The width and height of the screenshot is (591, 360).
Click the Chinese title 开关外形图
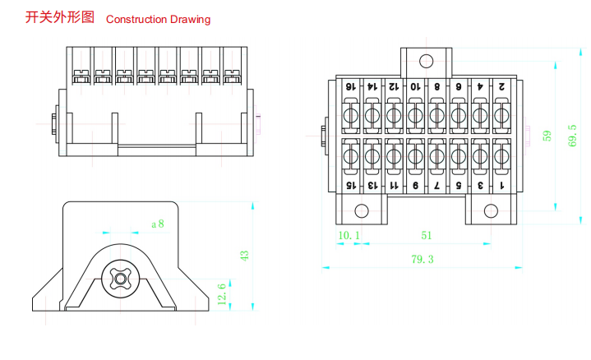pyautogui.click(x=61, y=17)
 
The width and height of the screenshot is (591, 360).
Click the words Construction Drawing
pyautogui.click(x=158, y=19)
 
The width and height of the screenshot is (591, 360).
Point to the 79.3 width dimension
pyautogui.click(x=422, y=260)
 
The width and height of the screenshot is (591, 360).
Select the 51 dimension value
pyautogui.click(x=426, y=236)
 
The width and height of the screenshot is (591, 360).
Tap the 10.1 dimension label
pyautogui.click(x=349, y=236)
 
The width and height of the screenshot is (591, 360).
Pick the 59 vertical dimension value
pyautogui.click(x=547, y=136)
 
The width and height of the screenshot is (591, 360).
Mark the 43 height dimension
pyautogui.click(x=243, y=256)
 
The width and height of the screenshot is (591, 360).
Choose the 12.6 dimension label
pyautogui.click(x=222, y=293)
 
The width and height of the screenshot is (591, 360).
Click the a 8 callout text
pyautogui.click(x=157, y=223)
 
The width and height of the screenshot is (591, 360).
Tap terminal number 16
pyautogui.click(x=349, y=86)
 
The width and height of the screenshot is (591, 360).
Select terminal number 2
pyautogui.click(x=501, y=86)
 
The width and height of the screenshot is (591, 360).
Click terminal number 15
pyautogui.click(x=349, y=186)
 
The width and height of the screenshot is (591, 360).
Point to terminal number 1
pyautogui.click(x=501, y=186)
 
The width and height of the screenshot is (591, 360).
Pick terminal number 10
pyautogui.click(x=414, y=86)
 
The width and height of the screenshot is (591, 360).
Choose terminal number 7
pyautogui.click(x=436, y=186)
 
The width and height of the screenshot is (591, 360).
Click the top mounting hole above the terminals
pyautogui.click(x=426, y=61)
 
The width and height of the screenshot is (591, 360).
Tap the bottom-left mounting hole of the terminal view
pyautogui.click(x=361, y=210)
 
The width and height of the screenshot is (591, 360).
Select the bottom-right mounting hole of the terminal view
pyautogui.click(x=491, y=210)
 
